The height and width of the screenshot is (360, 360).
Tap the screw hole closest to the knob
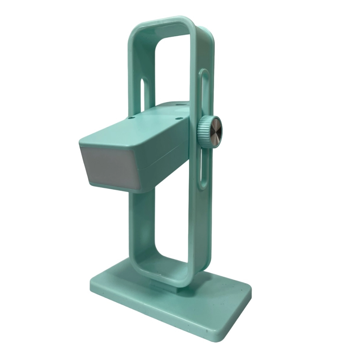pyautogui.click(x=178, y=117)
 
